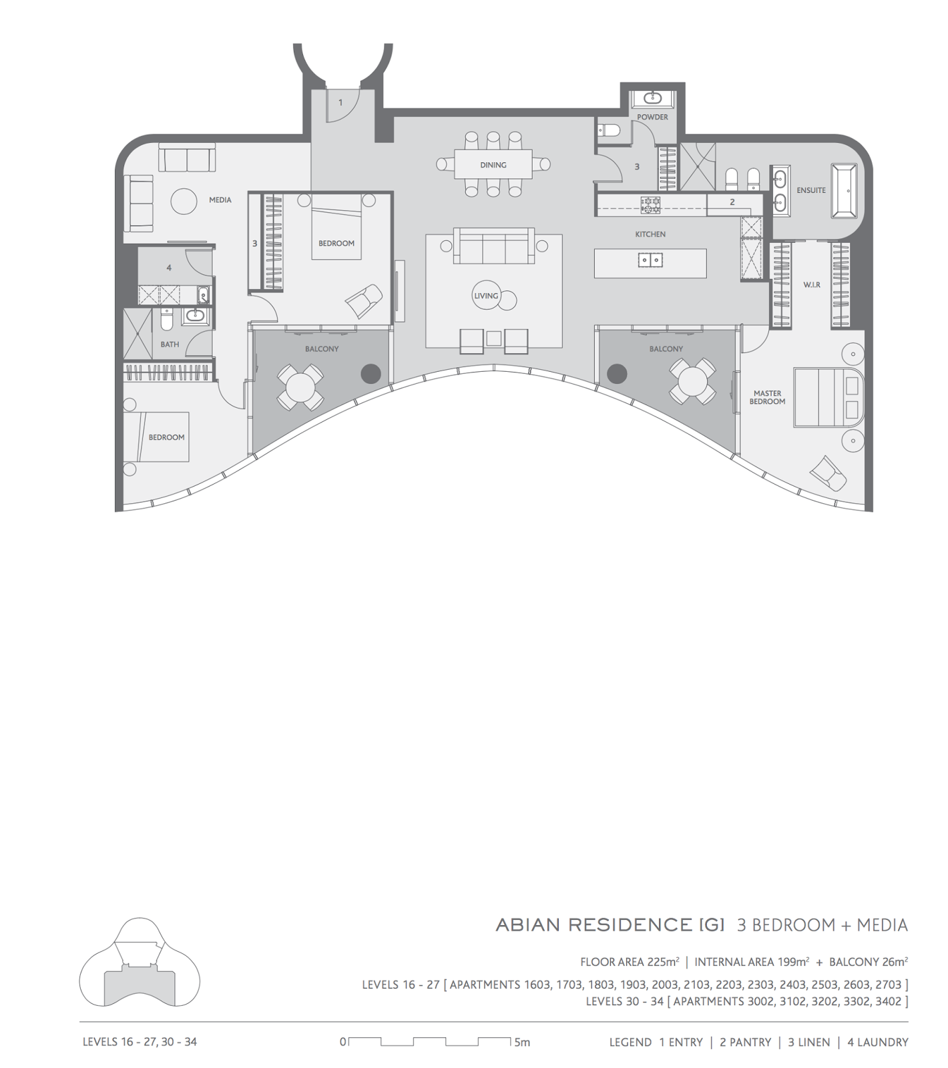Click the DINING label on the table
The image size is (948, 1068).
click(x=493, y=165)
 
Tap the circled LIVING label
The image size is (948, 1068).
click(x=486, y=296)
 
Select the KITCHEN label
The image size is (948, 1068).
click(x=650, y=234)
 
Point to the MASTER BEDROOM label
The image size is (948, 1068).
click(x=767, y=397)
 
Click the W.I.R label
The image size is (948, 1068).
click(x=812, y=285)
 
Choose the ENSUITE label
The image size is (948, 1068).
click(x=811, y=190)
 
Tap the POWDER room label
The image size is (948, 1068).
click(x=652, y=117)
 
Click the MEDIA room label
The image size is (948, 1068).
click(x=220, y=200)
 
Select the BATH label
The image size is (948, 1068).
click(x=170, y=344)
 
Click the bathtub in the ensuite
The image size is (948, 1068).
click(x=843, y=190)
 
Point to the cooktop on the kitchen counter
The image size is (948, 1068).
click(x=650, y=205)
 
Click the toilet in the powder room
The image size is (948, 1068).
click(x=608, y=130)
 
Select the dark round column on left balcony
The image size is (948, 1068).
click(x=371, y=374)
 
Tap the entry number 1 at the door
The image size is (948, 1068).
click(x=340, y=103)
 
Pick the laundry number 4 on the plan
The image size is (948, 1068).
click(x=169, y=268)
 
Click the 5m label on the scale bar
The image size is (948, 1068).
click(x=522, y=1042)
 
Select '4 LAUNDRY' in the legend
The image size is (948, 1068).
click(x=878, y=1042)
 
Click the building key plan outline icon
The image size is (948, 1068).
click(x=140, y=961)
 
